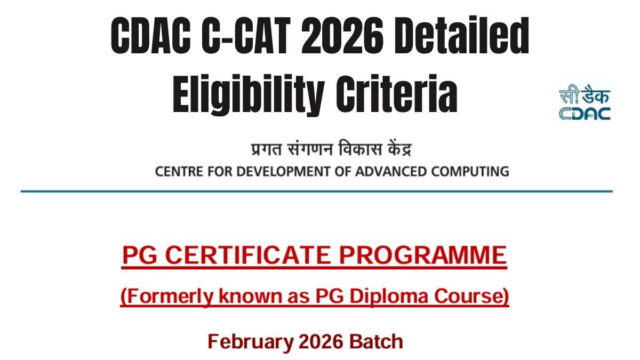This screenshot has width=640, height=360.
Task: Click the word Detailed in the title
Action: [x=461, y=35]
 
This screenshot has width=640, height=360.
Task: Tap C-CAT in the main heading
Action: [x=246, y=35]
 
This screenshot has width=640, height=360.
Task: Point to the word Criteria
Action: [x=397, y=94]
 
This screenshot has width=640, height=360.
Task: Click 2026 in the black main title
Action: [x=342, y=35]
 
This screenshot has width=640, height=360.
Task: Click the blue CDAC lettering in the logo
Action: [x=585, y=114]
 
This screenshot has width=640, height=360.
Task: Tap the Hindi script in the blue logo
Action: [x=585, y=94]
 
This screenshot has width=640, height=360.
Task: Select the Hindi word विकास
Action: [x=359, y=149]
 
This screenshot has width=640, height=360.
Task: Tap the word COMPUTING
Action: [x=470, y=171]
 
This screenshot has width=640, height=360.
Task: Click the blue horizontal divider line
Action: [x=317, y=191]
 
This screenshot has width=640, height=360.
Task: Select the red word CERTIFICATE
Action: [x=248, y=255]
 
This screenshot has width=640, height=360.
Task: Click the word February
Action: [x=251, y=342]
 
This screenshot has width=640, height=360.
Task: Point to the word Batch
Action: [x=377, y=341]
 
